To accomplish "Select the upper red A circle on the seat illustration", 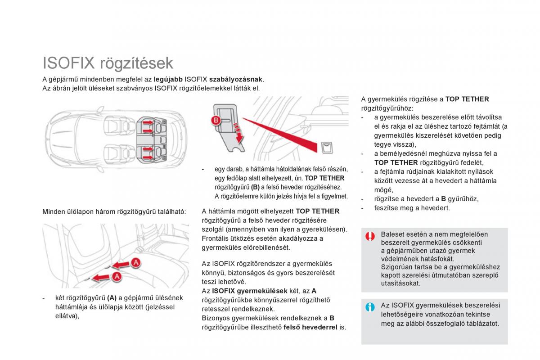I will [x=136, y=262].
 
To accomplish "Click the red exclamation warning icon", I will [x=370, y=236].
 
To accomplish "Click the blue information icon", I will [x=370, y=307].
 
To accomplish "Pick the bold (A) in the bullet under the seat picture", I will [x=112, y=298].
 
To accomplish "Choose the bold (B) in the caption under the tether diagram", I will [x=255, y=187].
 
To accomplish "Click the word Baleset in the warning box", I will [x=393, y=234].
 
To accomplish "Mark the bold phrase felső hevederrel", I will [x=310, y=327].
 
